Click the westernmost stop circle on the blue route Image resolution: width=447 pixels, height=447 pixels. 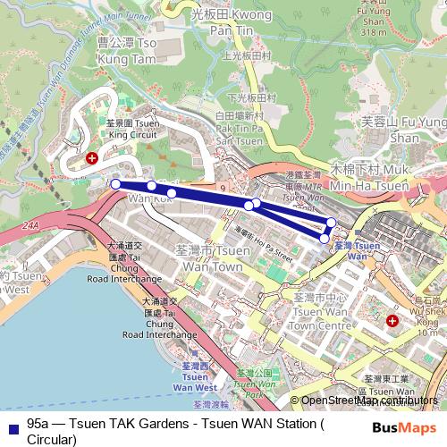click(115, 184)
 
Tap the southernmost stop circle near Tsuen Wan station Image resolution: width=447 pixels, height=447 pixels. click(325, 238)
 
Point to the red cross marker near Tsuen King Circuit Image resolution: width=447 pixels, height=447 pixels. click(91, 158)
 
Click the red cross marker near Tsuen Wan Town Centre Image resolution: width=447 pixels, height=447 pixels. click(392, 320)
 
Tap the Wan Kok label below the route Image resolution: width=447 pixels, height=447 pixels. click(131, 199)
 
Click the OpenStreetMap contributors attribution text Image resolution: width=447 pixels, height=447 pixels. click(368, 401)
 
